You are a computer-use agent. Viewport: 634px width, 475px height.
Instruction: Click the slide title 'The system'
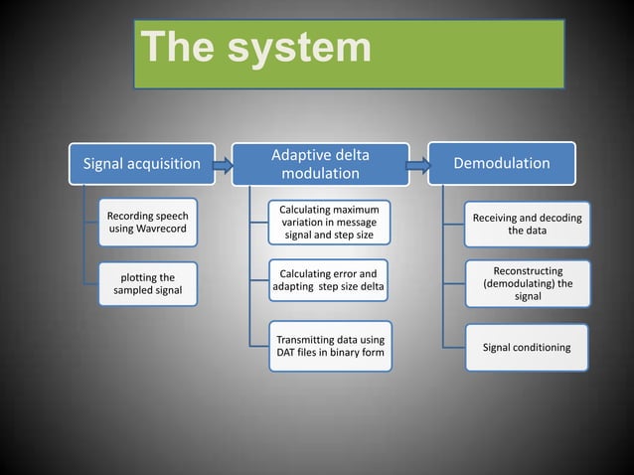click(255, 49)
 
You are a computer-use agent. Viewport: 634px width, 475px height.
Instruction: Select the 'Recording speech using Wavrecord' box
click(147, 223)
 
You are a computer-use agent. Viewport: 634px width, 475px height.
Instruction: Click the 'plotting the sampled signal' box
click(147, 282)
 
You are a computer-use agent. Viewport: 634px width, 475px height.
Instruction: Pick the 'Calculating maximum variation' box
click(328, 223)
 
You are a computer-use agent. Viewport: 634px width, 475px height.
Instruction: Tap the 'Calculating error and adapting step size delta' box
click(328, 281)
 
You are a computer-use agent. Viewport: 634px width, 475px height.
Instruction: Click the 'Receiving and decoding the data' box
click(528, 225)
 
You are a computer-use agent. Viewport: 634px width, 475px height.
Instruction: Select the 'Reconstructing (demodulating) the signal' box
click(528, 283)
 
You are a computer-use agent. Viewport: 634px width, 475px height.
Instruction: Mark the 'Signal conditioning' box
click(527, 348)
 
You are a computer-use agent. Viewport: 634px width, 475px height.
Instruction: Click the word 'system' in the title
click(301, 49)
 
